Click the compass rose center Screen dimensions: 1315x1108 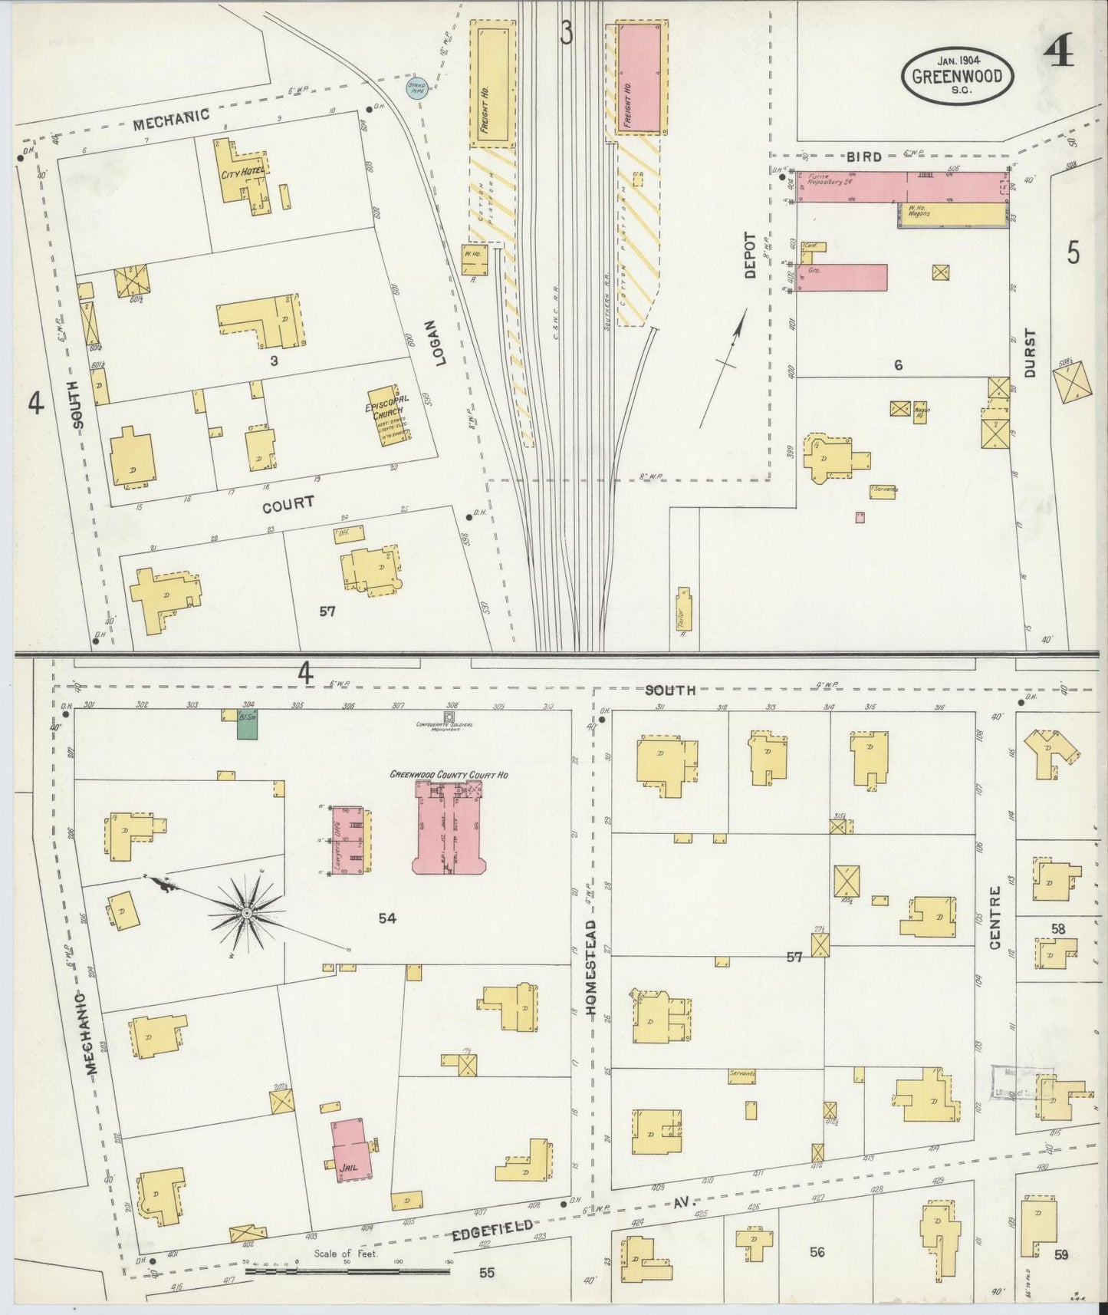click(247, 913)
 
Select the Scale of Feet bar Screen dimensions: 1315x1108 click(349, 1271)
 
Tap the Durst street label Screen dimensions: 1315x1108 click(1029, 354)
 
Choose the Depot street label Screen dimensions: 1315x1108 click(749, 255)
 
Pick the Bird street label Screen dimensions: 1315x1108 click(863, 157)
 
